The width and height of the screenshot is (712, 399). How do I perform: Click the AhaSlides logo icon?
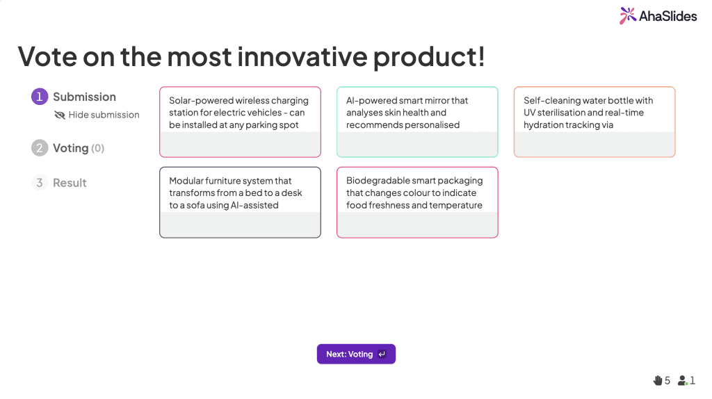point(628,15)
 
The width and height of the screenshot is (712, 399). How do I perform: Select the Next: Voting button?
point(356,354)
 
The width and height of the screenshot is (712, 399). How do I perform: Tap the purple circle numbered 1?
point(40,97)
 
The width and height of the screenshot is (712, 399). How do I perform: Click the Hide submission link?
point(104,115)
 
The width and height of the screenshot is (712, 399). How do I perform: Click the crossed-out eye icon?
point(60,115)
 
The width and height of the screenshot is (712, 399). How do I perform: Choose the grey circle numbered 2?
point(40,148)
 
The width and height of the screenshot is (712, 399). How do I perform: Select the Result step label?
point(70,183)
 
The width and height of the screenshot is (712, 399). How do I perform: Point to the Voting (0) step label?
point(78,148)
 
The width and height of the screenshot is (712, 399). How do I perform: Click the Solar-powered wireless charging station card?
point(240,122)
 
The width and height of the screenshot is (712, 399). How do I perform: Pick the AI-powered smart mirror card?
point(417,122)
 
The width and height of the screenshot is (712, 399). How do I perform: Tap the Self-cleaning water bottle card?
point(594,122)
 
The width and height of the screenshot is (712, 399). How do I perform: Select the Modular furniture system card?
point(240,202)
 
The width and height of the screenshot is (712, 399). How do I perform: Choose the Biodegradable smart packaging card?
point(417,202)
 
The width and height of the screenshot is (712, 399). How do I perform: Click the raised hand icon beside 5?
point(658,380)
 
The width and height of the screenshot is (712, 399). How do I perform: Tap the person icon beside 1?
point(683,380)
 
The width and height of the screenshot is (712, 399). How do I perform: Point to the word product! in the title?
point(429,56)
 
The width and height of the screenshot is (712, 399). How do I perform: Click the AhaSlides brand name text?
point(668,15)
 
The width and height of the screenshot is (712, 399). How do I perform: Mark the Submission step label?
point(84,97)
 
